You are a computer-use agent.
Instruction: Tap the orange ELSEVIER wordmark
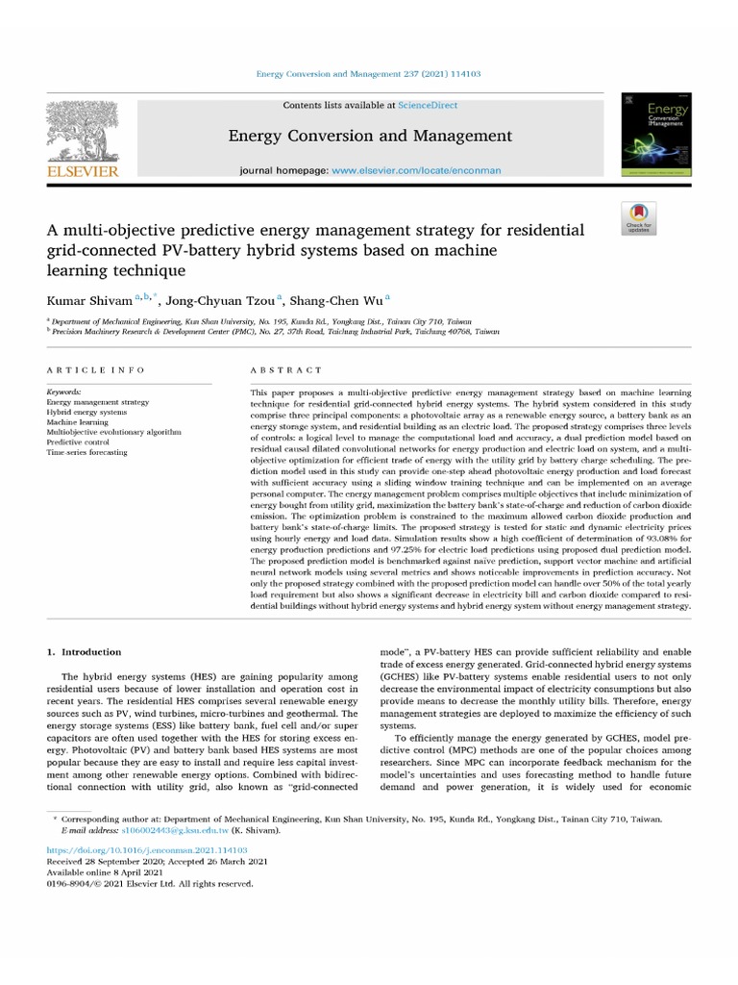83,171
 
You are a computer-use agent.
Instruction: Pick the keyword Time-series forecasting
86,452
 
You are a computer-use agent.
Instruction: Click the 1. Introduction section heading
85,652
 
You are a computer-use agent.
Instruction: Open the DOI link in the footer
147,851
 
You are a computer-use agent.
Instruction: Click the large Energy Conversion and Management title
370,136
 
